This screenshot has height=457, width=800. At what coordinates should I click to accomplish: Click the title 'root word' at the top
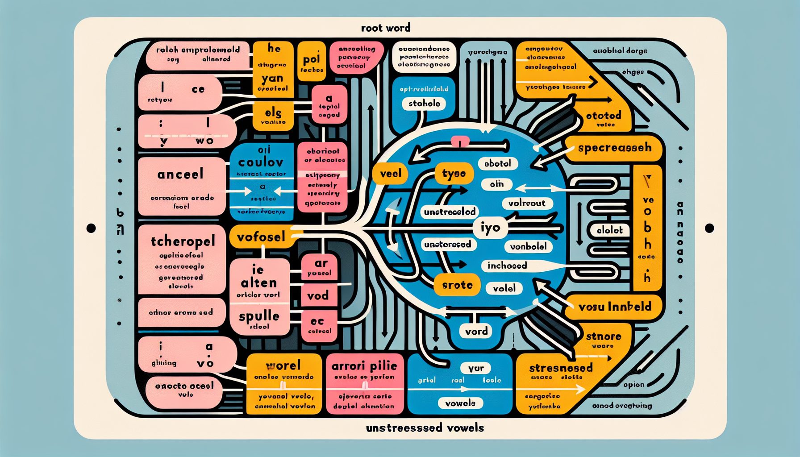pos(385,28)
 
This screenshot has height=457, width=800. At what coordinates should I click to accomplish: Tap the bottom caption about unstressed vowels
pos(425,428)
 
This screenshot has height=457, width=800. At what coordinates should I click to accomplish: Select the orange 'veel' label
pos(390,174)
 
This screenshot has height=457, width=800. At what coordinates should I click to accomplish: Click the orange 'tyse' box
pos(454,173)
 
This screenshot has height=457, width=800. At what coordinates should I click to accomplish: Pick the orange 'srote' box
pos(457,285)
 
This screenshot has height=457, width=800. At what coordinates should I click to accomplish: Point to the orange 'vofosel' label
pos(261,237)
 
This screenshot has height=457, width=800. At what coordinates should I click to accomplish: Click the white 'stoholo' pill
pos(424,104)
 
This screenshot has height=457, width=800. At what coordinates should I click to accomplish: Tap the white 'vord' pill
pos(476,331)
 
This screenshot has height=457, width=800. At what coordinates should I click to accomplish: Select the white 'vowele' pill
pos(460,403)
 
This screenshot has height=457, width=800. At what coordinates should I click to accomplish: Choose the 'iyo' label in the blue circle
pos(490,228)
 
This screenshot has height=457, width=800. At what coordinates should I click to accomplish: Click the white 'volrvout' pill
pos(527,204)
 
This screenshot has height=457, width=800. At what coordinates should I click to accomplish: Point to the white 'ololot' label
pos(609,230)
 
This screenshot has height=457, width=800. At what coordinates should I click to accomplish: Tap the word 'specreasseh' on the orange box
pos(614,148)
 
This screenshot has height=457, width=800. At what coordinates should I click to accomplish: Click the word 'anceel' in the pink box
pos(180,174)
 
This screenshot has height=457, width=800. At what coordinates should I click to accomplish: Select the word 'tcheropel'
pos(183,241)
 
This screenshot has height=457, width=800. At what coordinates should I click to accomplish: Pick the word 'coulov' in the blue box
pos(261,162)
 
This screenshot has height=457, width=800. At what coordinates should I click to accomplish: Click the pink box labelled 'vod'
pos(318,295)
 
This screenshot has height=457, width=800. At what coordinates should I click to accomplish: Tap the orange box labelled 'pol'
pos(312,60)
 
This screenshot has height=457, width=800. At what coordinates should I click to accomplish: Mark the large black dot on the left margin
pos(91,228)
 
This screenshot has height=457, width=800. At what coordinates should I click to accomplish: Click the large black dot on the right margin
pos(709,228)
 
